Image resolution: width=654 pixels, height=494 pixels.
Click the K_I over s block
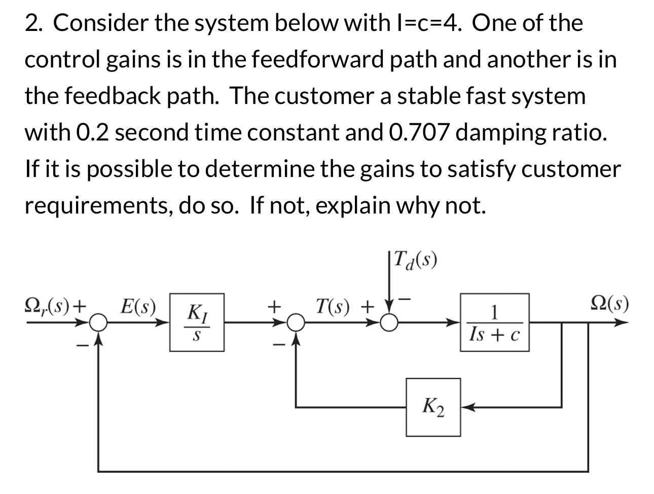click(197, 322)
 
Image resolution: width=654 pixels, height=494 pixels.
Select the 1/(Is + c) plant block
click(494, 322)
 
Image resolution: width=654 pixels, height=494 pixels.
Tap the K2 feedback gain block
click(433, 407)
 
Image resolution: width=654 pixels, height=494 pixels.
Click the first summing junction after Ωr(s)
click(98, 322)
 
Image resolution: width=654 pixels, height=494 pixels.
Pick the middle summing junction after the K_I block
click(296, 322)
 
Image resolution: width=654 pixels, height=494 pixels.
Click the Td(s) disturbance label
click(415, 261)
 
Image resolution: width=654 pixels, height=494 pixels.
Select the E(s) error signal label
click(138, 306)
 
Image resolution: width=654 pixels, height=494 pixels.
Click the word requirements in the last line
click(97, 205)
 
